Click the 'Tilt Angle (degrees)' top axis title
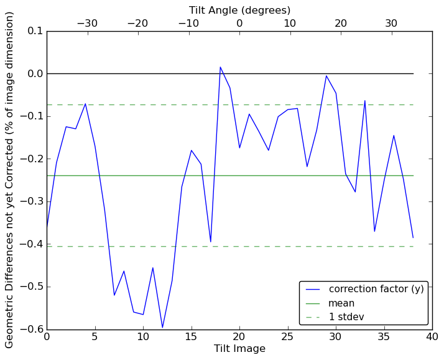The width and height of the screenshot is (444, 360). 239,10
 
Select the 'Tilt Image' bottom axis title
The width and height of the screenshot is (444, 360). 239,349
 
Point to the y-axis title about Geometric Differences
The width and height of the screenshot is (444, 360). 10,180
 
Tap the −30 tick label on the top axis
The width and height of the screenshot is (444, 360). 87,24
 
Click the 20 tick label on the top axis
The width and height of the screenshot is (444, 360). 341,24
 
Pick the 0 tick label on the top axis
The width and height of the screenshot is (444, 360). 239,24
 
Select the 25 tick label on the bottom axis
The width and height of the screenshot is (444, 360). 287,337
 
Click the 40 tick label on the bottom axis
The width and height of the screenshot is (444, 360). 432,337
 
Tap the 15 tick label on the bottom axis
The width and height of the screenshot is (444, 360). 191,337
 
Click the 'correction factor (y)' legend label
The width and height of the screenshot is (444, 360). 376,289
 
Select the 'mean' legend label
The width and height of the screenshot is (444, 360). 341,303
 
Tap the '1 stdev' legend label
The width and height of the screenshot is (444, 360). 346,317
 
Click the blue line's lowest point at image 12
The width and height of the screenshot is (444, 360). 162,327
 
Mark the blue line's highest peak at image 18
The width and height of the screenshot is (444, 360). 220,67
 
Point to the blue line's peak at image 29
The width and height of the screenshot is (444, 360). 326,76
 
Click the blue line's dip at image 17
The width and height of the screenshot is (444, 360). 211,241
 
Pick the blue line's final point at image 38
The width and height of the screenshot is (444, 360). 413,238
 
